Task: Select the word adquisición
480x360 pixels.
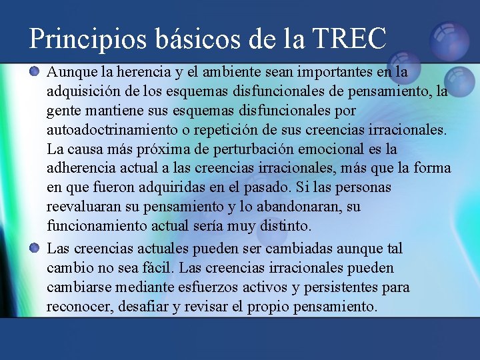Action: click(x=80, y=90)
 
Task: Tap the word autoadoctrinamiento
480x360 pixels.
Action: click(x=113, y=129)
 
